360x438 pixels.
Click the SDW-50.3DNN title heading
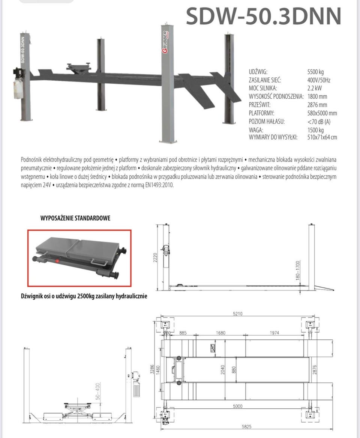pyautogui.click(x=264, y=16)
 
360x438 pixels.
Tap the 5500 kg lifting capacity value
pyautogui.click(x=315, y=72)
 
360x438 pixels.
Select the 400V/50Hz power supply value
pyautogui.click(x=318, y=80)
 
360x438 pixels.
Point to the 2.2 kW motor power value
pyautogui.click(x=314, y=88)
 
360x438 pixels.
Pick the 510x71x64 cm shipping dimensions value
pyautogui.click(x=322, y=137)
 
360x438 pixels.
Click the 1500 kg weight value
pyautogui.click(x=315, y=130)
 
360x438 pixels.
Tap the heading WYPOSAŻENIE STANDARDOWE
pyautogui.click(x=75, y=218)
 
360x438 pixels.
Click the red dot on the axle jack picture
pyautogui.click(x=57, y=260)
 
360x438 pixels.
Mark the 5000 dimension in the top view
pyautogui.click(x=237, y=406)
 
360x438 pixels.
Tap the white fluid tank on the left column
pyautogui.click(x=18, y=89)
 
